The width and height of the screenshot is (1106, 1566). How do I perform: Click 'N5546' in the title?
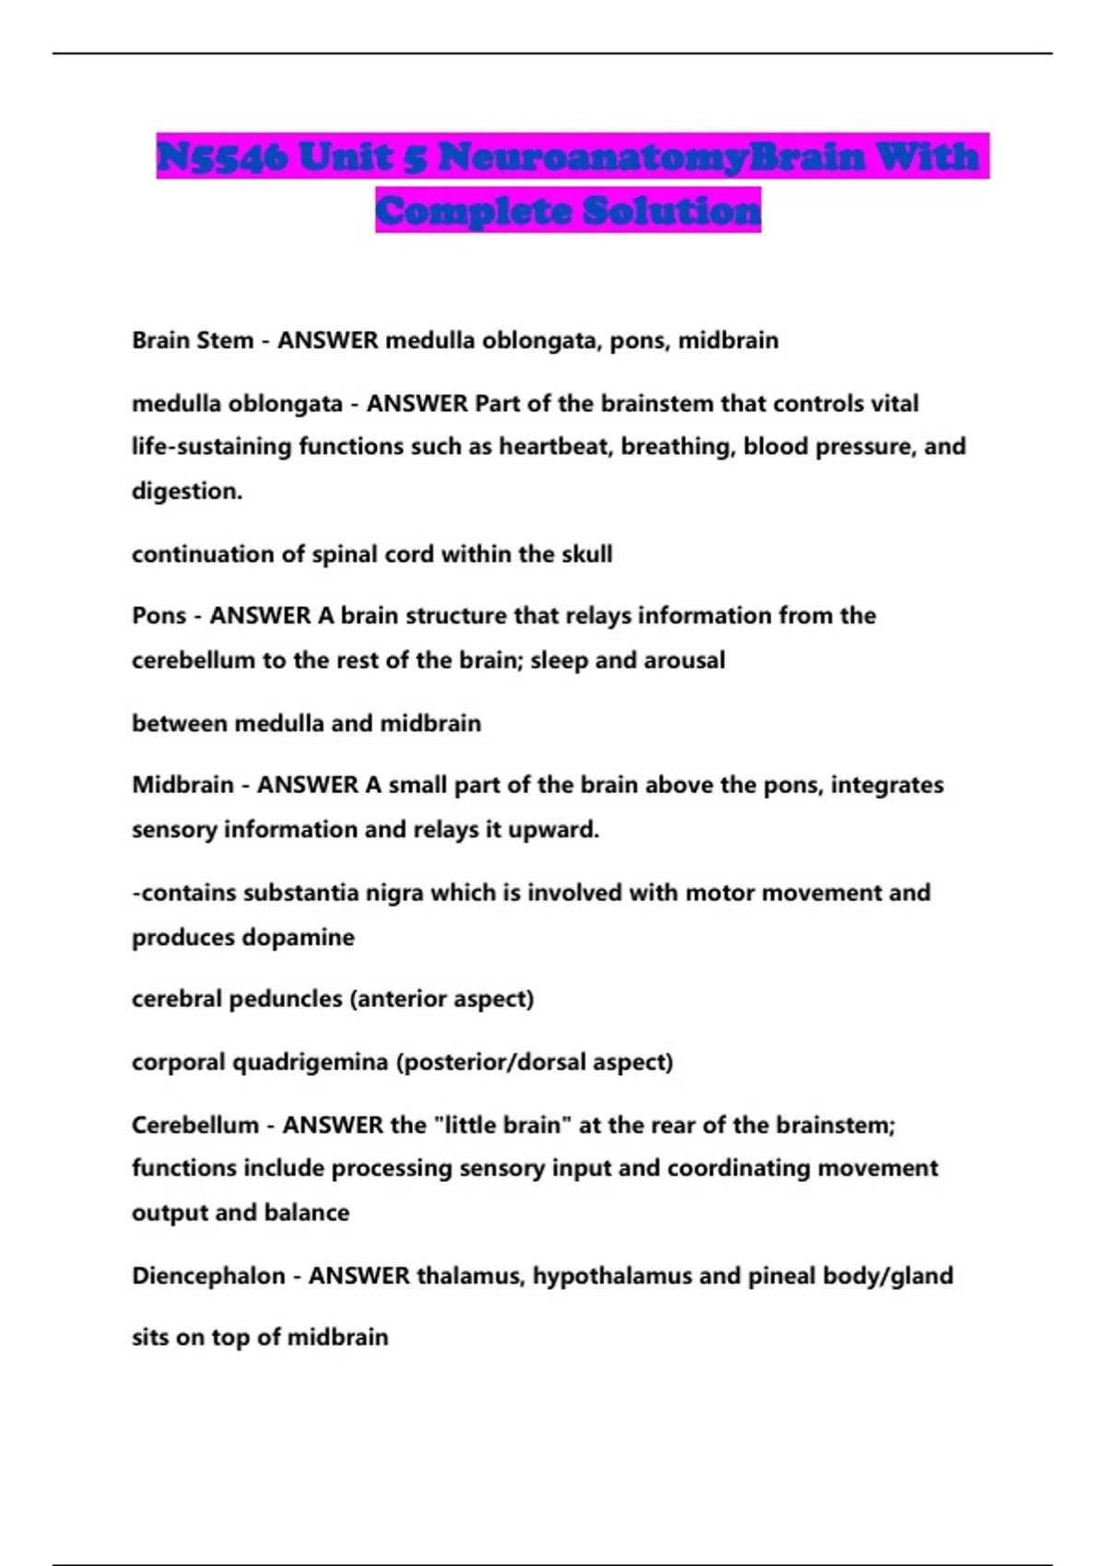tap(222, 157)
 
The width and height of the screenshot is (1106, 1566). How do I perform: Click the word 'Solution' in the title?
tap(672, 211)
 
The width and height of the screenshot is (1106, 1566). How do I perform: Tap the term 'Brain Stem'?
tap(192, 340)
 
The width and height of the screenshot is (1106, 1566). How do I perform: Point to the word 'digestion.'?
tap(187, 491)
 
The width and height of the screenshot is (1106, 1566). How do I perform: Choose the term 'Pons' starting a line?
tap(159, 615)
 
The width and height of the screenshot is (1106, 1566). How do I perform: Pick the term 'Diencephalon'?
tap(208, 1276)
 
